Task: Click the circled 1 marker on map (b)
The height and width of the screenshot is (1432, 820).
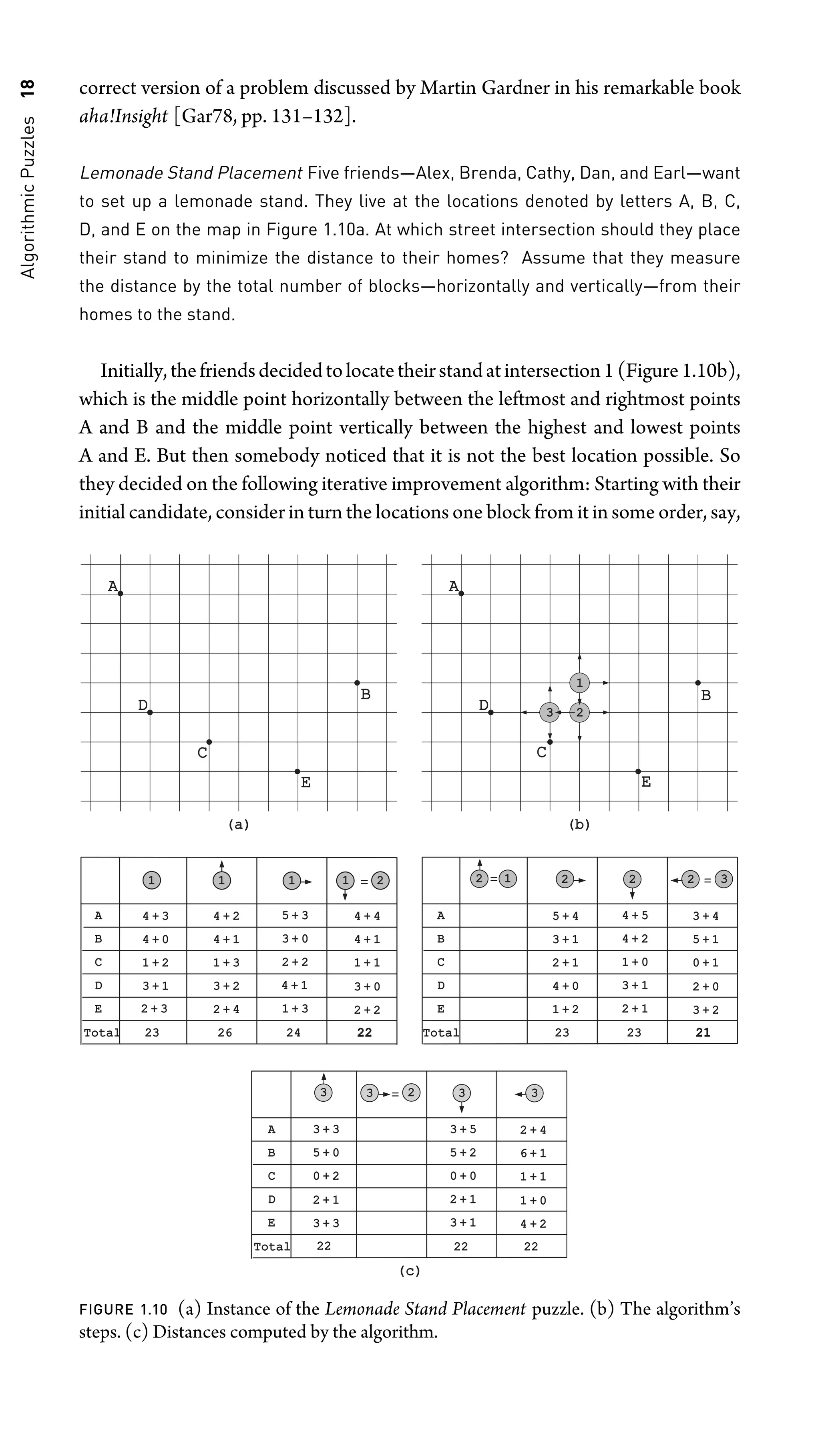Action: click(x=579, y=683)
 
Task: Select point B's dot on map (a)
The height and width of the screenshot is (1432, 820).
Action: click(x=357, y=683)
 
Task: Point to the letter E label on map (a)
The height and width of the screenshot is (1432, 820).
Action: click(x=306, y=782)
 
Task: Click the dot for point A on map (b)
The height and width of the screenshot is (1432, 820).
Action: click(x=461, y=594)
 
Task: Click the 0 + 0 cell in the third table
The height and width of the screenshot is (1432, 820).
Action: click(x=462, y=1176)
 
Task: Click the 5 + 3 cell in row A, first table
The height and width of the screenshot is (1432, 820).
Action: click(x=295, y=915)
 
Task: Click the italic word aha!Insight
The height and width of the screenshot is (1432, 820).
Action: click(x=123, y=116)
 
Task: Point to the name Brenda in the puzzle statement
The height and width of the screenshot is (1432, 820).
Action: click(x=489, y=173)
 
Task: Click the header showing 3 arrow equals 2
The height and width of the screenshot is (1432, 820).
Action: click(x=391, y=1093)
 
